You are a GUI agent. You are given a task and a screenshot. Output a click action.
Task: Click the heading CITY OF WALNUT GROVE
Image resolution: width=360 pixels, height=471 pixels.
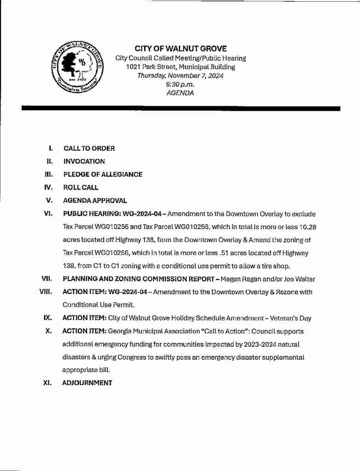point(180,49)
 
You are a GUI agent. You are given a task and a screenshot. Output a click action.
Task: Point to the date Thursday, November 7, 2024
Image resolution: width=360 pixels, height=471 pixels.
point(180,76)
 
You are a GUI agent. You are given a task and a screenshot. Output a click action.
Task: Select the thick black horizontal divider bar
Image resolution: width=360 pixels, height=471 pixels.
point(180,109)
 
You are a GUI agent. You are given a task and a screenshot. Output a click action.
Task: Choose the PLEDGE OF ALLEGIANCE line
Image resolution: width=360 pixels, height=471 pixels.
point(102,174)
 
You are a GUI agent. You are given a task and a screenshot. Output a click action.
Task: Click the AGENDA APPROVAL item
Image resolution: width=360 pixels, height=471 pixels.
point(94,201)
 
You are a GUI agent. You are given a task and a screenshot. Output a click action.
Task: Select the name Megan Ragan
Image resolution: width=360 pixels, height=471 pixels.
point(252,279)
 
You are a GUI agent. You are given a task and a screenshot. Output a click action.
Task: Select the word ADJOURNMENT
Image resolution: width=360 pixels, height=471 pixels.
point(87,383)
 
